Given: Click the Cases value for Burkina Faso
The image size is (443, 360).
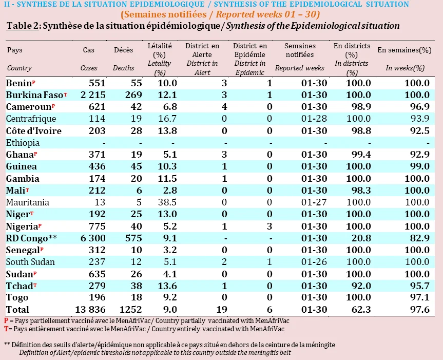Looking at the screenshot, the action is tap(93, 95).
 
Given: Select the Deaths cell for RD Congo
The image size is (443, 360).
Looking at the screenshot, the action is tap(133, 238).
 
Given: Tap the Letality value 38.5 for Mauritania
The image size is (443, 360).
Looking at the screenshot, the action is tap(167, 202).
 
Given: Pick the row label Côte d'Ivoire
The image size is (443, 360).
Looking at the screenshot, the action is tap(33, 131).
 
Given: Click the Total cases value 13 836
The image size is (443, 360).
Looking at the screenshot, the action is tap(90, 310).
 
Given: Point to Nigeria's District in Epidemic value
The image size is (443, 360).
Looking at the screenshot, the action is tap(269, 226).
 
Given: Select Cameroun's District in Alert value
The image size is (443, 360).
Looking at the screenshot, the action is tap(224, 107).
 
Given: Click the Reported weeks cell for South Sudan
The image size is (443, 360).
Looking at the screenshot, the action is tap(314, 262).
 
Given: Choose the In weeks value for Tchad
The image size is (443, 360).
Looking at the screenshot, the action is tap(420, 286).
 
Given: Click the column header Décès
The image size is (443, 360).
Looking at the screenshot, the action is tap(124, 50).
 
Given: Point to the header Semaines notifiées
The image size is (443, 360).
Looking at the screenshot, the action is tap(300, 50).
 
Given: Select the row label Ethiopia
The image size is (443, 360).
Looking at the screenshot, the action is tap(23, 143).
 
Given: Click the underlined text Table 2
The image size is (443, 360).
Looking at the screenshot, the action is tap(23, 26).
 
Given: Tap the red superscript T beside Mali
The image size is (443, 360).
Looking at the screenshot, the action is tap(27, 190).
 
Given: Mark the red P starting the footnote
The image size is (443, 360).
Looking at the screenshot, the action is tap(6, 321).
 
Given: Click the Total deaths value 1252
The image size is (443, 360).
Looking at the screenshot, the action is tap(130, 310).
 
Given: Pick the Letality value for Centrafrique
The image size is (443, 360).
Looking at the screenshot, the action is tap(167, 119).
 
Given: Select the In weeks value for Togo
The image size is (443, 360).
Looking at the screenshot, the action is tap(420, 297).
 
